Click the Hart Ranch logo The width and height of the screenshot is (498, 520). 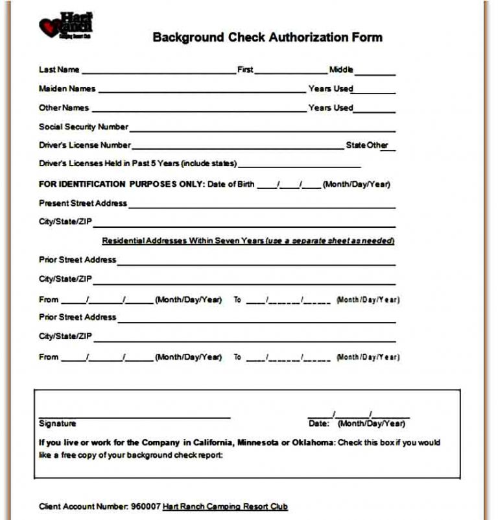tap(66, 26)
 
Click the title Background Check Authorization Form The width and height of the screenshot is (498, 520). tap(267, 37)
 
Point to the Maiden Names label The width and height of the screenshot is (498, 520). tap(67, 89)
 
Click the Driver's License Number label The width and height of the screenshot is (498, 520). tap(84, 145)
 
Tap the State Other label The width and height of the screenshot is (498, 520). tap(366, 145)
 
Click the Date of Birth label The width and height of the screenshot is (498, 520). tap(231, 184)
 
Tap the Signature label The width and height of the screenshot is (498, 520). tap(57, 424)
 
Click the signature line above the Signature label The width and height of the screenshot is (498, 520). tap(134, 417)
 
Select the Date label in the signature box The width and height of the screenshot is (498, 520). tap(318, 424)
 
